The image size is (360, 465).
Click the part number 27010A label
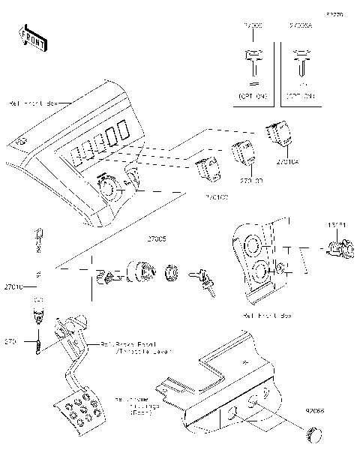pyautogui.click(x=287, y=161)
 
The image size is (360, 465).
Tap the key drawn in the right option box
pyautogui.click(x=302, y=63)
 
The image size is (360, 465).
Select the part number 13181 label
pyautogui.click(x=338, y=225)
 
